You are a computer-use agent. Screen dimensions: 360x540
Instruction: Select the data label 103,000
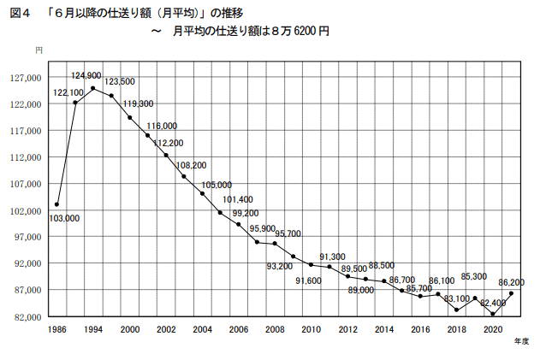[x=64, y=219]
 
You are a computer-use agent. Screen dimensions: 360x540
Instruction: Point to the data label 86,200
[x=511, y=281]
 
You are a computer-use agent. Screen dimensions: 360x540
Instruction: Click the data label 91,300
[x=332, y=257]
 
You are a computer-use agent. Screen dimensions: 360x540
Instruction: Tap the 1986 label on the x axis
[x=56, y=329]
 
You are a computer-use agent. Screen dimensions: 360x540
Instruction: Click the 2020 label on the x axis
[x=493, y=329]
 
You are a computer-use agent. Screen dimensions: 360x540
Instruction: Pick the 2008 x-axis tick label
[x=275, y=329]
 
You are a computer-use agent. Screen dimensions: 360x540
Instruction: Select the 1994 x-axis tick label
[x=93, y=329]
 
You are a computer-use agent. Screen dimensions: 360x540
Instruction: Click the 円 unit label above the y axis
[x=39, y=52]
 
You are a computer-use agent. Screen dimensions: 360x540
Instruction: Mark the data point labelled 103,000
[x=56, y=204]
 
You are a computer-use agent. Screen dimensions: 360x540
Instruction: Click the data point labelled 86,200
[x=511, y=293]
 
